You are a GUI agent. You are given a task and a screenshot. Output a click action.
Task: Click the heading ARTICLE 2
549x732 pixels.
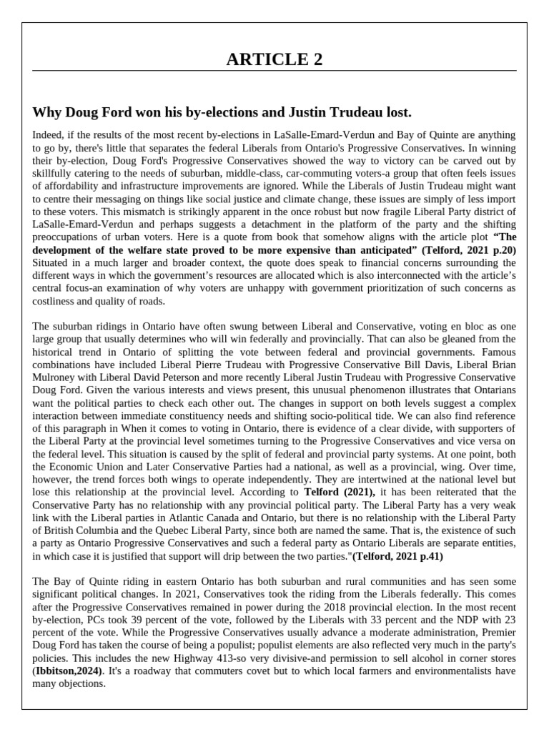(x=274, y=59)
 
